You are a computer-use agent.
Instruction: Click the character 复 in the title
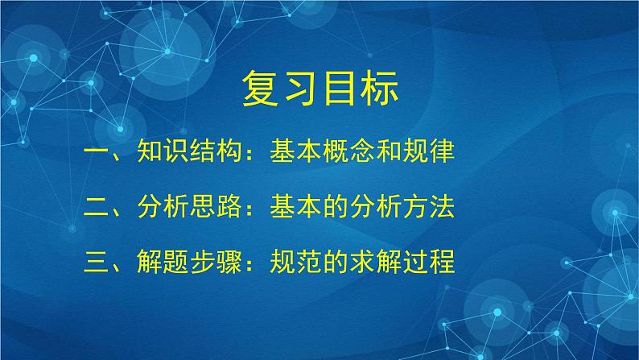click(x=261, y=91)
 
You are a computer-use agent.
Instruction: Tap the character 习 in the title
click(x=300, y=91)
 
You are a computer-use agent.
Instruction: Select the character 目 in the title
click(x=340, y=91)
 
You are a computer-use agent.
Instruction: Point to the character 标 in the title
click(x=379, y=91)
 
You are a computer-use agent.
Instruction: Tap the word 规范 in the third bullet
click(x=283, y=263)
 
